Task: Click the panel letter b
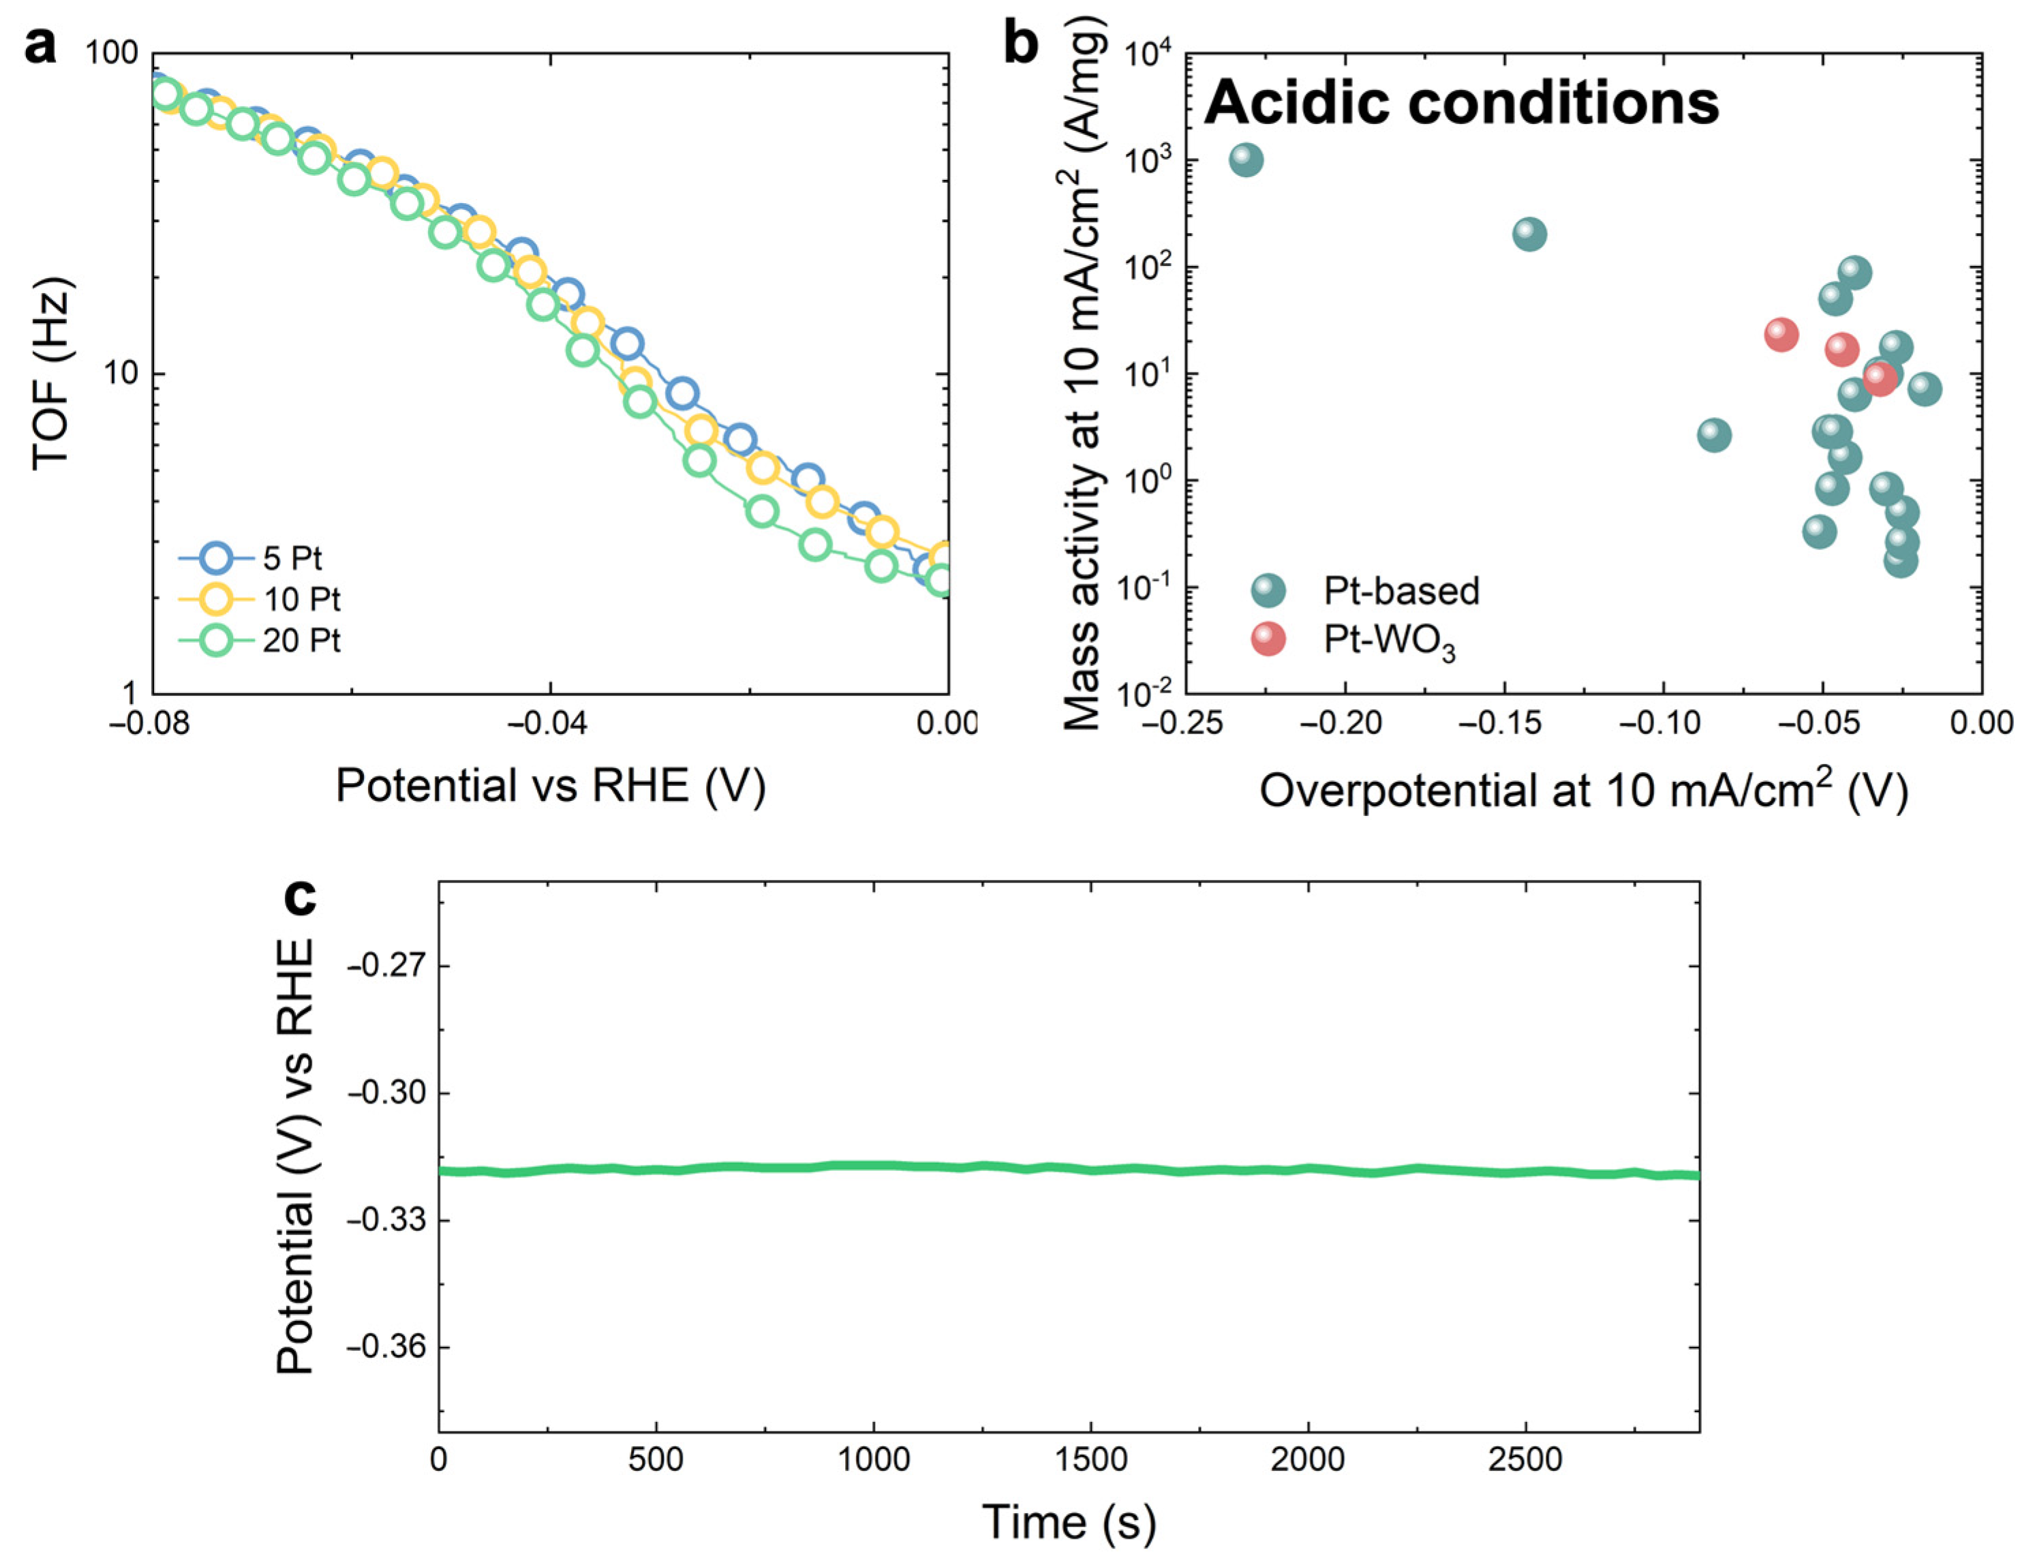coord(1021,43)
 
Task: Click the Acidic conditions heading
coord(1461,102)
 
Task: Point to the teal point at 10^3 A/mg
coord(1246,160)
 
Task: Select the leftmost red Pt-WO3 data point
coord(1781,335)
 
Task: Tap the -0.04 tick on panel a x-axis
coord(549,724)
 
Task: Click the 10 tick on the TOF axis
coord(120,374)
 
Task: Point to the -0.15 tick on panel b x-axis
coord(1504,724)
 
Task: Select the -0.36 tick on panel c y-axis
coord(386,1347)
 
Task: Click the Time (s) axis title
coord(1069,1522)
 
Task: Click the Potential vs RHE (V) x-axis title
coord(550,785)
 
